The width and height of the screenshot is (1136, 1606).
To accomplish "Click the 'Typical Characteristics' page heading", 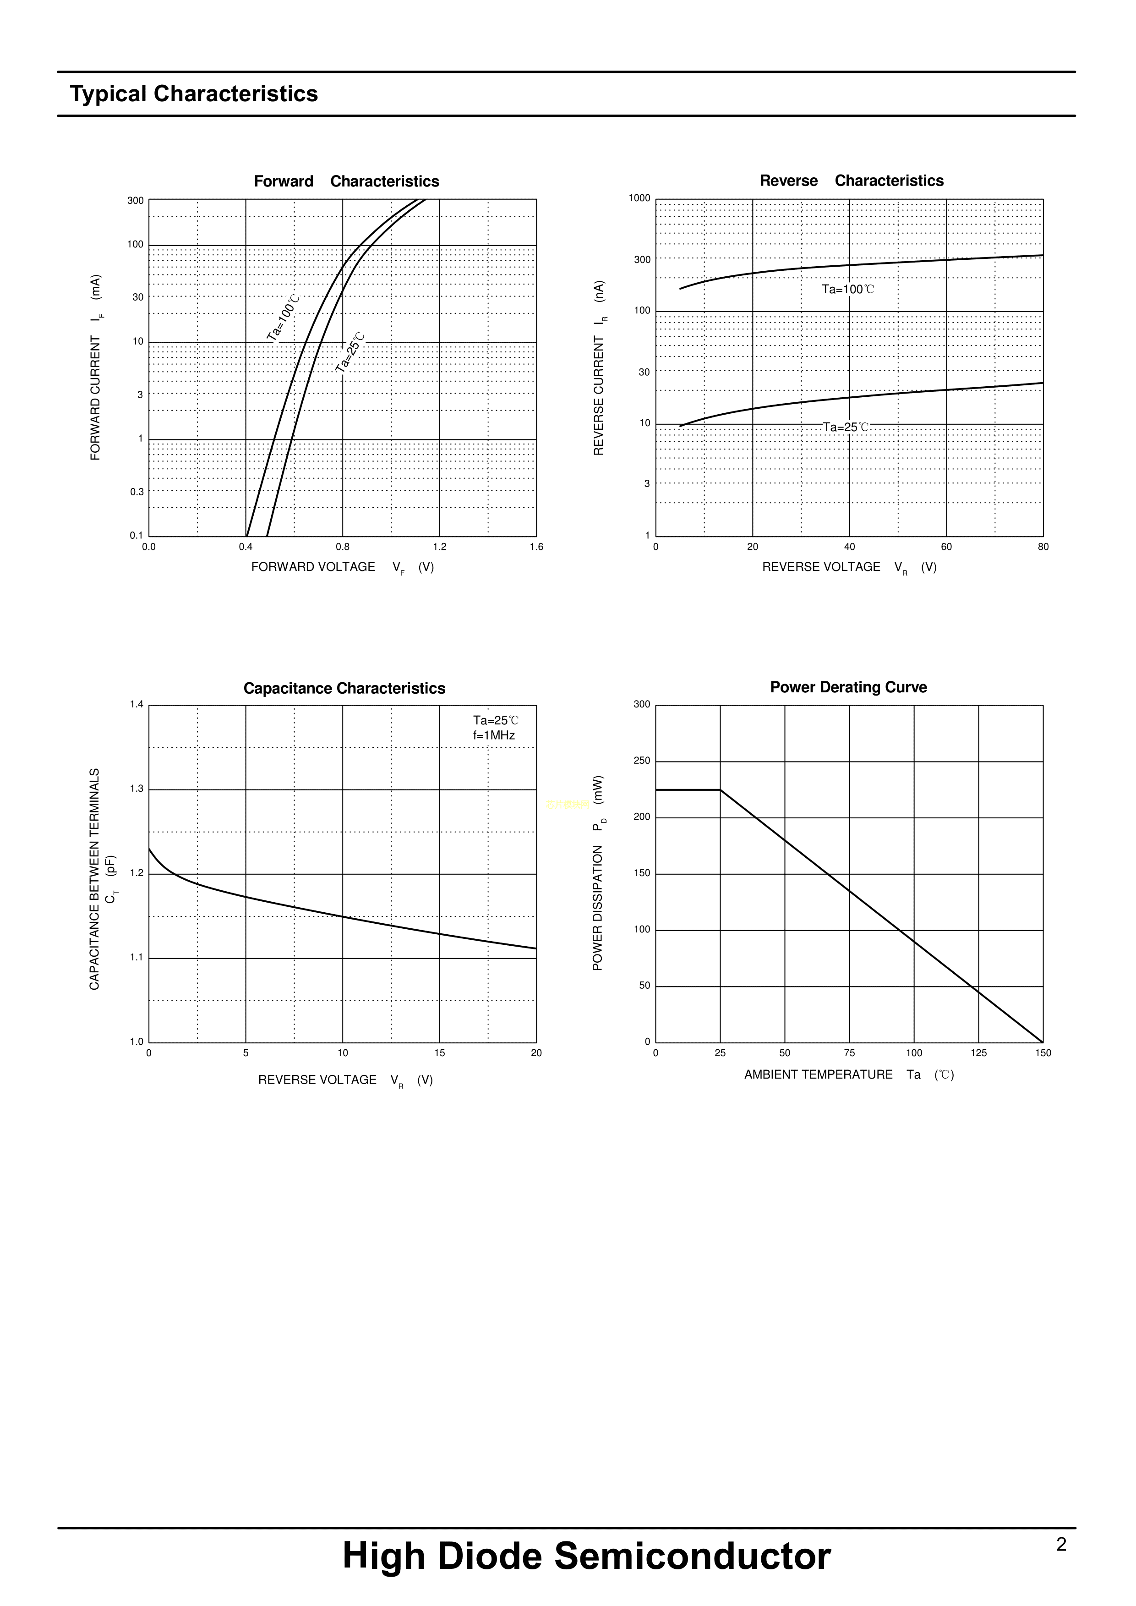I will (x=194, y=94).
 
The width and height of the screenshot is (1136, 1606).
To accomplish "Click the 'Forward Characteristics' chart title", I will (x=346, y=181).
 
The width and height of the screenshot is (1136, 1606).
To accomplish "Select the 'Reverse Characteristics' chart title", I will (x=851, y=181).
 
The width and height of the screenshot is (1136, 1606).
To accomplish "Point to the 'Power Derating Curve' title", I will (x=848, y=687).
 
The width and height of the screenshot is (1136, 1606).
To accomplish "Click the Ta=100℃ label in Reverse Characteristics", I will (x=847, y=290).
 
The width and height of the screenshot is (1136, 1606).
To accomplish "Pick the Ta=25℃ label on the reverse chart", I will (x=846, y=427).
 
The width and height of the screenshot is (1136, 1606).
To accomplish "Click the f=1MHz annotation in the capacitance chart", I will (x=494, y=735).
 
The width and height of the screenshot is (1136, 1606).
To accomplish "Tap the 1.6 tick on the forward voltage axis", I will (x=536, y=547).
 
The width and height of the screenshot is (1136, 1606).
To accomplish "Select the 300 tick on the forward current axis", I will (x=135, y=201).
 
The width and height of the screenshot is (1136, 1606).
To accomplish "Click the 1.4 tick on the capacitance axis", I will (x=137, y=705).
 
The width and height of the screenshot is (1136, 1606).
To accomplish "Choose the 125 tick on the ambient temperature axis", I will (x=978, y=1053).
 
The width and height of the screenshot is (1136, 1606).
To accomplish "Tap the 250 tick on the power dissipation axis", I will (x=641, y=761).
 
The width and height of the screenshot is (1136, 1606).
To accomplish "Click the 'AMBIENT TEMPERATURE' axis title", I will (x=819, y=1074).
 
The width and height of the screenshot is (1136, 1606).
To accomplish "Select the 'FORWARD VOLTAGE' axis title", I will (x=313, y=567).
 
